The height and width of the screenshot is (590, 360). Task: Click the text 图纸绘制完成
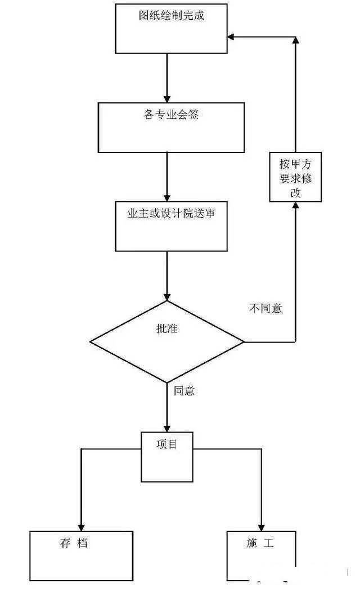pos(171,16)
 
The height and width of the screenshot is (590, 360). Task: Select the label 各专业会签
pos(171,115)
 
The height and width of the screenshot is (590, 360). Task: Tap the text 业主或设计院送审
pos(171,214)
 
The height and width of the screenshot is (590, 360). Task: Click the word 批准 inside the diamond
pos(167,330)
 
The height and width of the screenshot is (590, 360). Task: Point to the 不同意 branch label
pos(265,308)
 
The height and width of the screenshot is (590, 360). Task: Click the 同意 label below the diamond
pos(184,391)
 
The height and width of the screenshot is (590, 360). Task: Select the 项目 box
pos(167,456)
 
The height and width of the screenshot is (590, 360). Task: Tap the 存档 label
pos(74,543)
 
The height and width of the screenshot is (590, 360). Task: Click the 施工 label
pos(259,543)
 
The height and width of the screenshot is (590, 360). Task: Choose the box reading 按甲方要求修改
pos(295,178)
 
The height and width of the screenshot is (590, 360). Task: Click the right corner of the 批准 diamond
pos(244,342)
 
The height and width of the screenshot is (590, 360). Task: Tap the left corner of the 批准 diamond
pos(91,342)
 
